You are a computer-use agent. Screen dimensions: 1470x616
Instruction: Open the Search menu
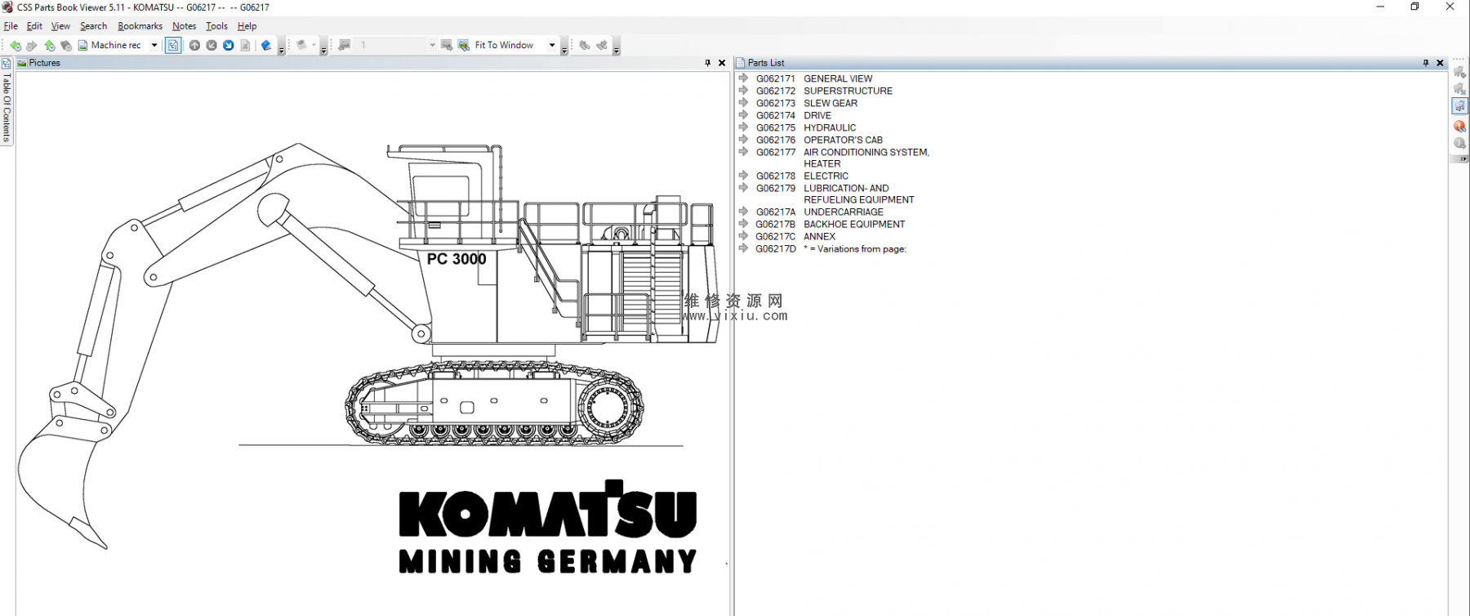93,26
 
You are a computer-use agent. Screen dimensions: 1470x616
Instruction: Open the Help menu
247,26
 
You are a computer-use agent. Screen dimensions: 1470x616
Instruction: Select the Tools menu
216,26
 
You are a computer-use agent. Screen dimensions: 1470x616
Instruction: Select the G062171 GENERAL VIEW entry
814,79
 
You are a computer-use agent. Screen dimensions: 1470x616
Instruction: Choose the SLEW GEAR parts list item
807,104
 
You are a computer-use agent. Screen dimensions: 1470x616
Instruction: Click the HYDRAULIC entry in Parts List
806,128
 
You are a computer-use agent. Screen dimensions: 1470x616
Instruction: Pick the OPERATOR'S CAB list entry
819,141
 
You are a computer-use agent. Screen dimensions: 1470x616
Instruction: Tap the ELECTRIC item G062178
802,176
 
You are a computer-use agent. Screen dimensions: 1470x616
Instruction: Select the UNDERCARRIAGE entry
819,212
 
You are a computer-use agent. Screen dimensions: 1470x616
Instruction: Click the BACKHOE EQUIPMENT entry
830,225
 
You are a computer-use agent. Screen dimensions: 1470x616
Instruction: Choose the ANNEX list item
795,237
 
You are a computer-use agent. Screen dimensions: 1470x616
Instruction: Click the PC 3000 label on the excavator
457,259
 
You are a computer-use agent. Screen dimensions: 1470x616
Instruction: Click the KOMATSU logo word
547,509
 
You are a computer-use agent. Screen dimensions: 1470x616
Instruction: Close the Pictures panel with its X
722,63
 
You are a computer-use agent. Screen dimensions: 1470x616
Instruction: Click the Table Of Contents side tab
7,107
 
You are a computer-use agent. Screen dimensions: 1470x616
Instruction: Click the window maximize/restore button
1415,7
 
